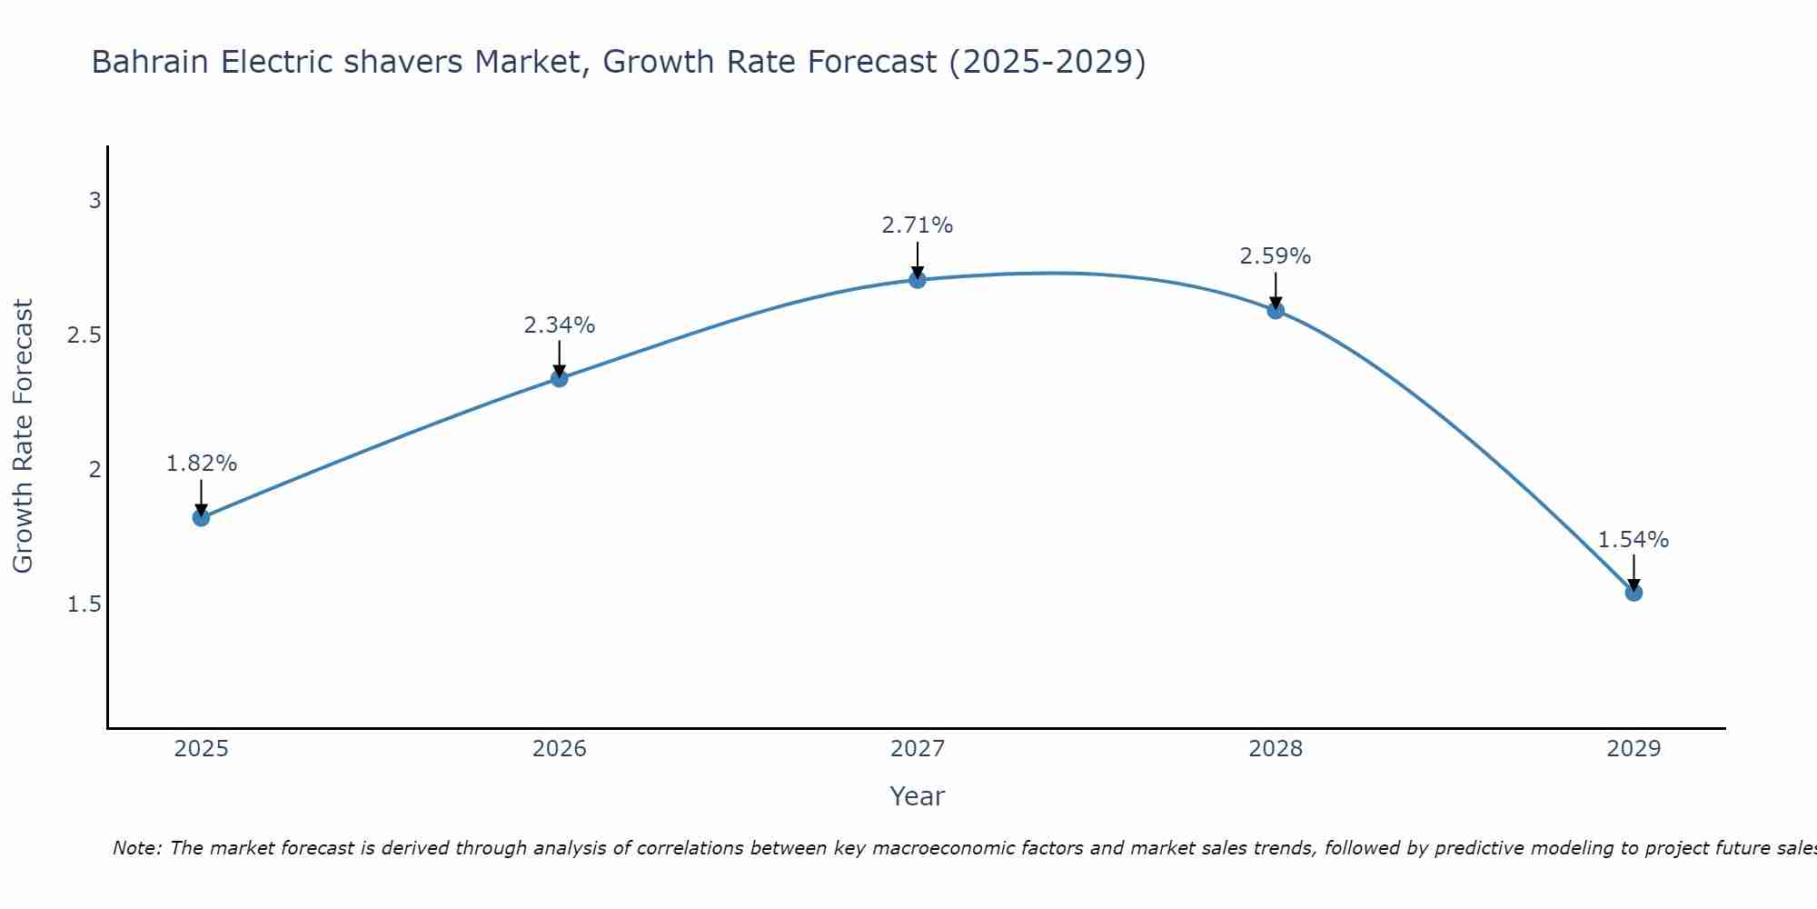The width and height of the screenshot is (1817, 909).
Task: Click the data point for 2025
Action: pos(201,518)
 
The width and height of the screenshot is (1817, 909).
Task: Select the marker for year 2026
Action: pos(560,378)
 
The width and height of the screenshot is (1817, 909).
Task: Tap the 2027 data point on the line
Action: pos(918,279)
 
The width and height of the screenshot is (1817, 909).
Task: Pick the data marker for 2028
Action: pos(1276,310)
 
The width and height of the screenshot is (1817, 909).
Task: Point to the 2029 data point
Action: pos(1633,593)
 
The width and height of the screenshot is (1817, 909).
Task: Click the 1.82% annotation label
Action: pos(201,464)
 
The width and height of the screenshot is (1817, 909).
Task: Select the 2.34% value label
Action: pos(560,325)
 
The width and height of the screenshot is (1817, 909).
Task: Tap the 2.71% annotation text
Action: pos(918,225)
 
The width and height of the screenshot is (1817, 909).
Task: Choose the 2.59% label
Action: pos(1276,256)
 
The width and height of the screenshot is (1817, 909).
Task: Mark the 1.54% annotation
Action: pos(1633,540)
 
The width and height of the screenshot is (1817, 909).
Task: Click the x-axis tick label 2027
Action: pos(918,749)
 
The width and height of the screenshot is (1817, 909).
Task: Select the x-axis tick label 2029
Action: pos(1633,749)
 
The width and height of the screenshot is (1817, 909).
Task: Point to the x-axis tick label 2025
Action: pos(201,749)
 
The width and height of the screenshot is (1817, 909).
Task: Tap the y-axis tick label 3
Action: pos(94,201)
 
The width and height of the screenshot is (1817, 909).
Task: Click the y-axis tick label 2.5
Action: pos(84,335)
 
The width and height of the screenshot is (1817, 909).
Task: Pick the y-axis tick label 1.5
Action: pos(84,604)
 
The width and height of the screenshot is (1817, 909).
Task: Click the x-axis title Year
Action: pos(918,796)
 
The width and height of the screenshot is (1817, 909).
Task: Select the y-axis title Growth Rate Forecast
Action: pos(23,436)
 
